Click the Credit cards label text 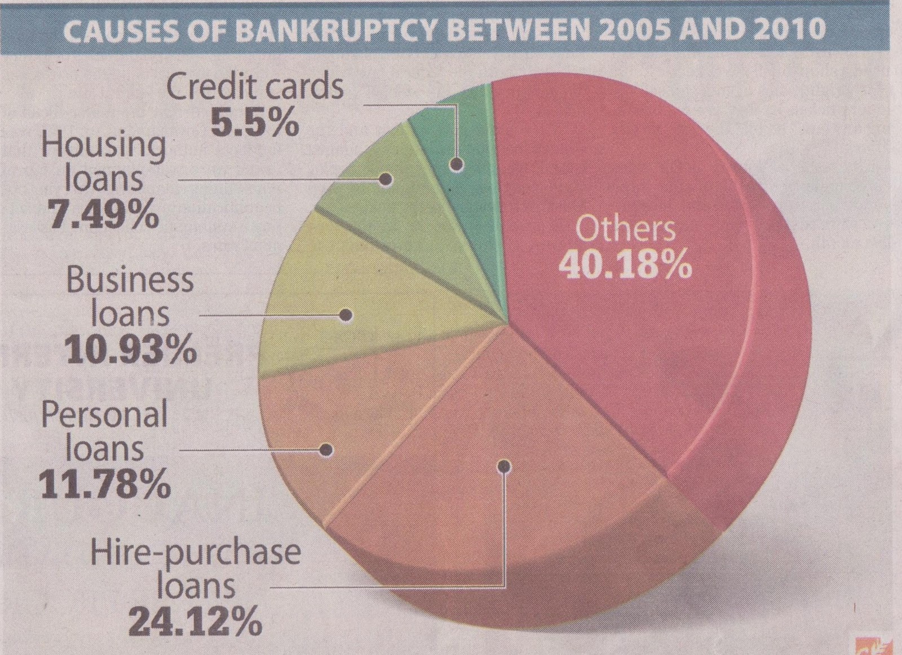(255, 87)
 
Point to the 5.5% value (255, 122)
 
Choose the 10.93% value (131, 349)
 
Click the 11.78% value (105, 484)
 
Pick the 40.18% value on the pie (625, 265)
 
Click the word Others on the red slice (625, 229)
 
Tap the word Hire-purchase (196, 552)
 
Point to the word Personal (105, 415)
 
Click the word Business (130, 280)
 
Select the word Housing (104, 145)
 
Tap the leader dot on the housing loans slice (386, 180)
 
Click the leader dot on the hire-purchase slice (505, 466)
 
